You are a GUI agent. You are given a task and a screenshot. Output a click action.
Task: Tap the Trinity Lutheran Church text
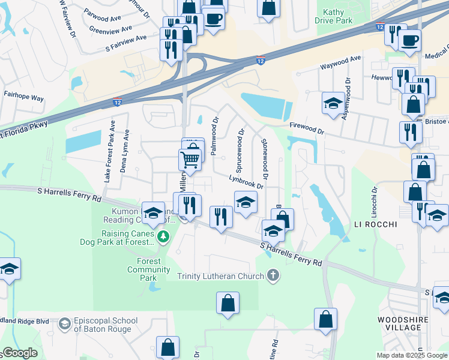coord(220,277)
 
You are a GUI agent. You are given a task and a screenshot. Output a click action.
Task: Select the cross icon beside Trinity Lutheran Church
coord(273,276)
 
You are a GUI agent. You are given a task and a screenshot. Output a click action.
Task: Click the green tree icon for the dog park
coord(163,238)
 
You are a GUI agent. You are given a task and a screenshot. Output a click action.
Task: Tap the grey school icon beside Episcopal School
coord(64,324)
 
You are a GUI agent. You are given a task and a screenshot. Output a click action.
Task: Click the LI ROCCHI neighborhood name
coord(376,224)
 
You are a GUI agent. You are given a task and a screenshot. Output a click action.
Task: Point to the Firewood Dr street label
coord(306,129)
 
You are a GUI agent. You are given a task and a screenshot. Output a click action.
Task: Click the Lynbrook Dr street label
coord(246,181)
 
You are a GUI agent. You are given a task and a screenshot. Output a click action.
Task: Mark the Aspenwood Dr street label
coord(346,98)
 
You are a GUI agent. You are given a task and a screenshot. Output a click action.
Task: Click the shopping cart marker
coord(190,160)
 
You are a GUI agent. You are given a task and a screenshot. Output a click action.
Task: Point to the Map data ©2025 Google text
coord(411,355)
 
